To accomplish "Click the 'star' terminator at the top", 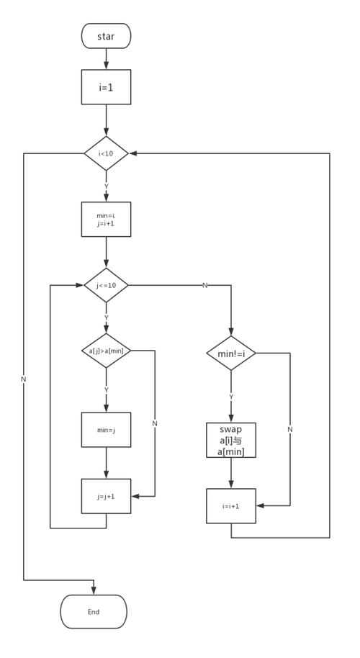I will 106,36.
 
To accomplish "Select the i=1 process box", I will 106,87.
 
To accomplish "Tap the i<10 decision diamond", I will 106,153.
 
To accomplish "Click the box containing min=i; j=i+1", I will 106,219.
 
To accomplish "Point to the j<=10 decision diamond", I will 106,285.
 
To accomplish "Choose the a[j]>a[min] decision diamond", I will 106,351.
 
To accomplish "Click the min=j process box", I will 106,430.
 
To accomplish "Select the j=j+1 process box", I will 106,496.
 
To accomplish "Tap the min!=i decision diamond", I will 231,353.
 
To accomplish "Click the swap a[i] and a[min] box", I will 231,440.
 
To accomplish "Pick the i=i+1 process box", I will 231,506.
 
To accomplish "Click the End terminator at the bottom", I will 94,611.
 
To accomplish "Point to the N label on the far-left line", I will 24,379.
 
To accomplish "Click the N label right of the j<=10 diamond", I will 204,285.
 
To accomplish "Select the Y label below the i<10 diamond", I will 106,186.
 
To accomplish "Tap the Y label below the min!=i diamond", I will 231,397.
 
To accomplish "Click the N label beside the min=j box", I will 155,423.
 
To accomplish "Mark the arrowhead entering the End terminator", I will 94,591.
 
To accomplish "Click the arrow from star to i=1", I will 106,59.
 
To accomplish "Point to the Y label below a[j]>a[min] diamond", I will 106,389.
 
